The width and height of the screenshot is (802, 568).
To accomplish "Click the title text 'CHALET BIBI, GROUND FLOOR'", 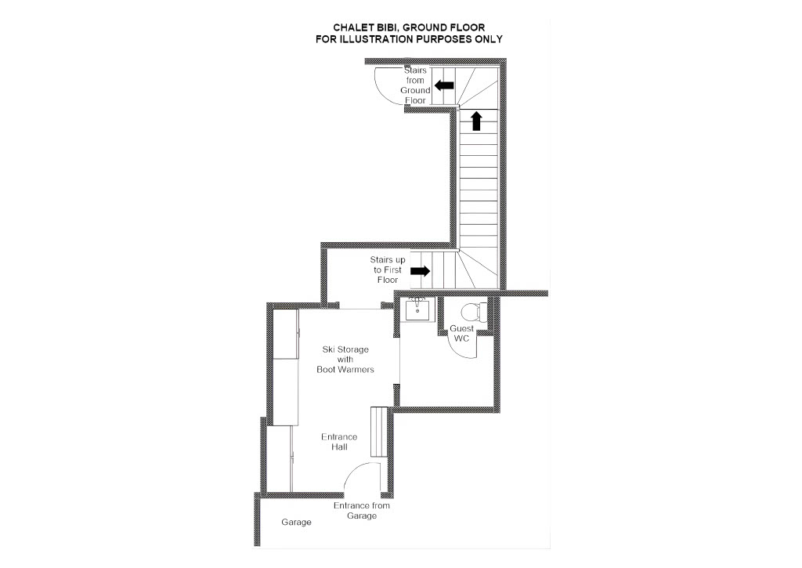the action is point(409,27).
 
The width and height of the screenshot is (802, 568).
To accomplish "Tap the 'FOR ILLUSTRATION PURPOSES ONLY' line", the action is point(409,39).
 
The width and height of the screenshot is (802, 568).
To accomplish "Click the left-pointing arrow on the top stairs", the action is point(444,85).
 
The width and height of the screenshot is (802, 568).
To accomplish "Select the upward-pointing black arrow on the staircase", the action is point(477,121).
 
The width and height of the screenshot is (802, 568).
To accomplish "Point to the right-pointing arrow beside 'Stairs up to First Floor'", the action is point(421,271).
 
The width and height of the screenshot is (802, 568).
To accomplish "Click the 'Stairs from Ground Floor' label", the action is point(415,85).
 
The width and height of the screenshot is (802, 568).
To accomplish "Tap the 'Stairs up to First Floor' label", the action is point(388,270).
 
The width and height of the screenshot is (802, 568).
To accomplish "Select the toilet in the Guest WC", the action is point(474,312).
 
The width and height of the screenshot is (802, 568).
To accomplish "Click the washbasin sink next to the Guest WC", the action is point(418,309).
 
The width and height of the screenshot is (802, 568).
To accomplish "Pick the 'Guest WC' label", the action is point(461,333).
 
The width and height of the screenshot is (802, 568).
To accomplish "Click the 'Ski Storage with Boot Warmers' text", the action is point(345,360).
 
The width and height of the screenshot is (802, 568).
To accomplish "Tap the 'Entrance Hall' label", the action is point(339,442).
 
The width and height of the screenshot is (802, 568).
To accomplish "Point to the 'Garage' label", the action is point(296,522).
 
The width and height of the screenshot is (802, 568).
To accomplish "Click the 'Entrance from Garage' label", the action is point(362,510).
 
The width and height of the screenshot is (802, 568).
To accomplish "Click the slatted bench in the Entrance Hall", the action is point(380,432).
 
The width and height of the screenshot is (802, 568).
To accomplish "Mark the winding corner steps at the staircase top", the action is point(479,88).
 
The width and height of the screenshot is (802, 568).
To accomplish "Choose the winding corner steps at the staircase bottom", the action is point(479,270).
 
